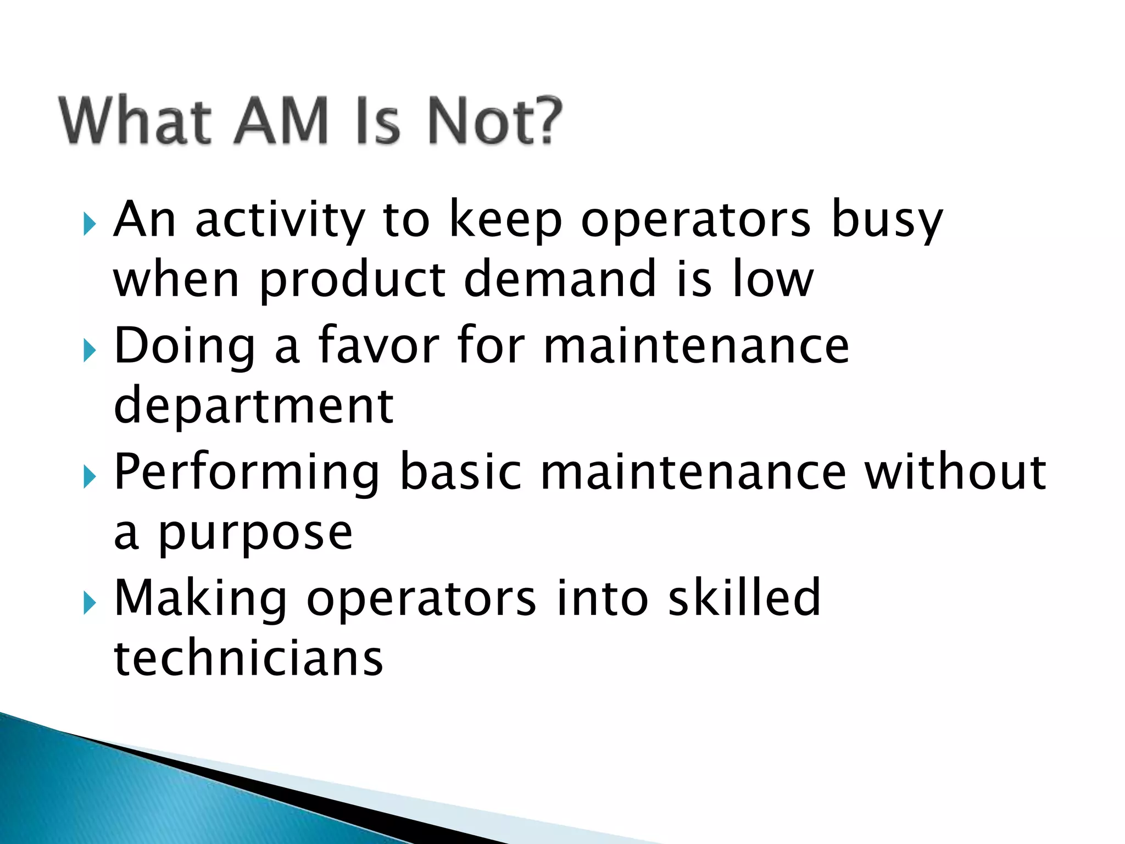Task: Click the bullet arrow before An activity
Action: [x=90, y=224]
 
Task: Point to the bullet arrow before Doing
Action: [x=90, y=350]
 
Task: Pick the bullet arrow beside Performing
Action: [x=90, y=476]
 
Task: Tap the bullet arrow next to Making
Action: [x=90, y=603]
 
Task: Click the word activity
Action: [x=280, y=220]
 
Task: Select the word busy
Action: [x=887, y=220]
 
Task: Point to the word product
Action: [x=352, y=280]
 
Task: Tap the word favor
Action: [x=379, y=346]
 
